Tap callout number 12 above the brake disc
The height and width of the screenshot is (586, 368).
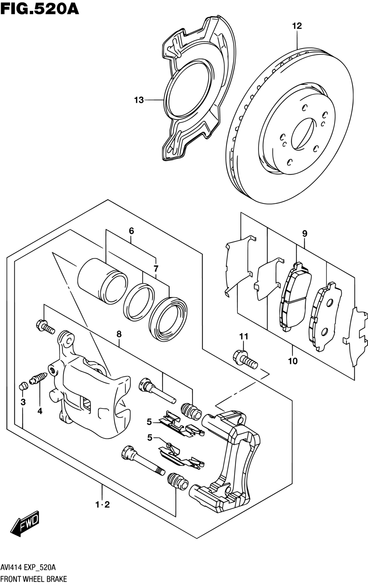(x=297, y=26)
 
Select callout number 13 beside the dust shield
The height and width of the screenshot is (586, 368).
(x=139, y=100)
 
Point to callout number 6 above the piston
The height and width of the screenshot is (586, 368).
(x=132, y=231)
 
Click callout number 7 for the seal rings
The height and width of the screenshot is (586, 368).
(x=156, y=268)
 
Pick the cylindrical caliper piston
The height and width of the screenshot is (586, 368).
(x=103, y=281)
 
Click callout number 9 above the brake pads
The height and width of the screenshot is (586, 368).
(x=305, y=234)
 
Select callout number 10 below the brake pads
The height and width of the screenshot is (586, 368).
(x=293, y=361)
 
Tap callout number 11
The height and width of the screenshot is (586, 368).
(x=244, y=336)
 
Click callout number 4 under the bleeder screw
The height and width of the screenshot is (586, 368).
(x=39, y=412)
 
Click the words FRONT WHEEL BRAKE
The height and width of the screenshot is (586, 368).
(x=33, y=579)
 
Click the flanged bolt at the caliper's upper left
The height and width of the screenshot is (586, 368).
(x=45, y=326)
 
